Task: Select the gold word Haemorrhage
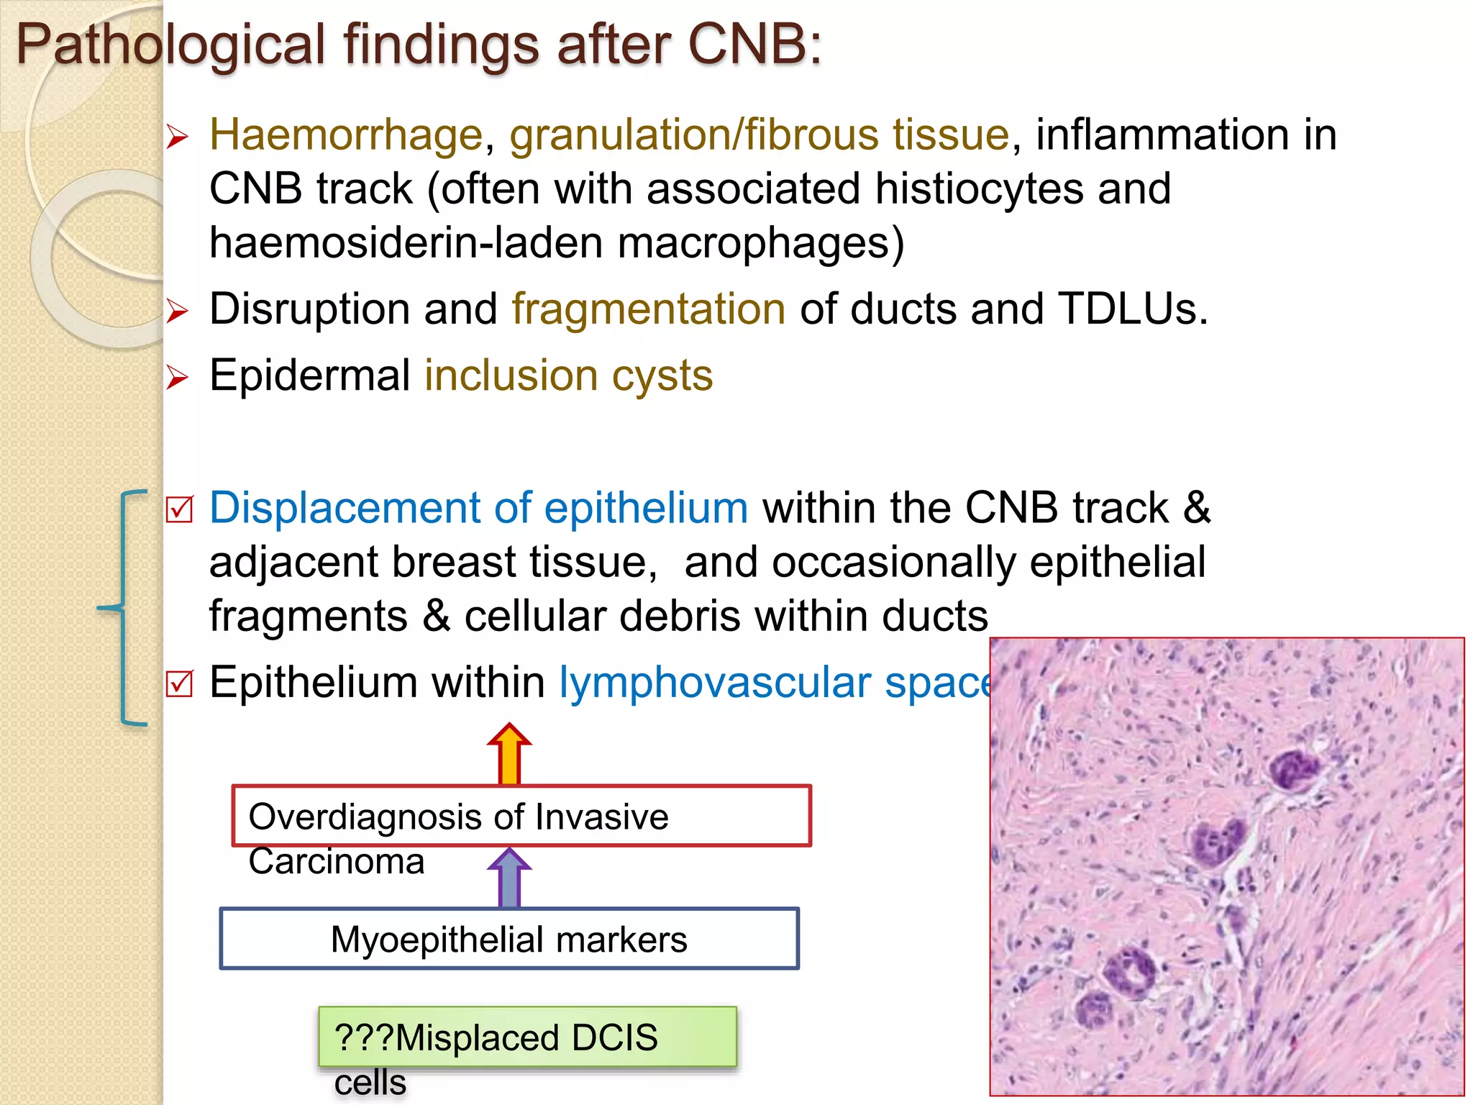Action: tap(345, 135)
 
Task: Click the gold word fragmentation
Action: tap(648, 309)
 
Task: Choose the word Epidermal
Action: tap(309, 376)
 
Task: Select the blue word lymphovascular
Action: tap(714, 682)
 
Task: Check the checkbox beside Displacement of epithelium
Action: tap(179, 509)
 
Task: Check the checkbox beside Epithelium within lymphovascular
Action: tap(179, 683)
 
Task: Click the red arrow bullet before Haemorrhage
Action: tap(177, 136)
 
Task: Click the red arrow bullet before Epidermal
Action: tap(177, 377)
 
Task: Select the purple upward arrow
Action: tap(509, 877)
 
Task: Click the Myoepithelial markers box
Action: tap(509, 939)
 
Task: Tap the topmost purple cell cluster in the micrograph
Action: tap(1294, 770)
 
